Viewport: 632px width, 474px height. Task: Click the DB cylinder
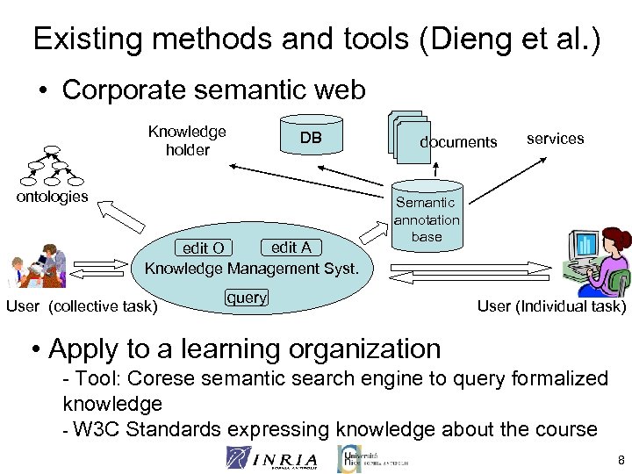[x=311, y=138]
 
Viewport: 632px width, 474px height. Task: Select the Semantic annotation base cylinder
[x=427, y=219]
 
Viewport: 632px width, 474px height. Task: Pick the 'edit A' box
[x=291, y=248]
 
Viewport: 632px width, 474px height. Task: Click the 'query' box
[x=247, y=298]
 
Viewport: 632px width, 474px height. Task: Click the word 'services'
[x=555, y=139]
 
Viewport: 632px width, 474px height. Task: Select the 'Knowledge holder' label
[x=187, y=140]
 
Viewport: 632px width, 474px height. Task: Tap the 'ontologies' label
[x=53, y=196]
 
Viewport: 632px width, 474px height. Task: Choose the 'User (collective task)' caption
[x=82, y=306]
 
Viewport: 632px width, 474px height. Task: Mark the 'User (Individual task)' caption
[x=551, y=306]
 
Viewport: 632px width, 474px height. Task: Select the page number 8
[x=621, y=460]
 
